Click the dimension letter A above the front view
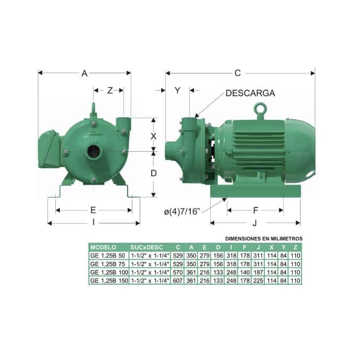click(x=85, y=73)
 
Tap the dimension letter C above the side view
click(x=238, y=73)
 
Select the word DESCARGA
click(x=250, y=93)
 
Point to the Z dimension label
click(x=110, y=90)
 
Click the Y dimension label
click(x=177, y=90)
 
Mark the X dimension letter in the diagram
click(x=153, y=136)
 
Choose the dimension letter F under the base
click(x=256, y=210)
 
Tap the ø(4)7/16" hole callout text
click(x=182, y=211)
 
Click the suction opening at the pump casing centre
click(x=93, y=151)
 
